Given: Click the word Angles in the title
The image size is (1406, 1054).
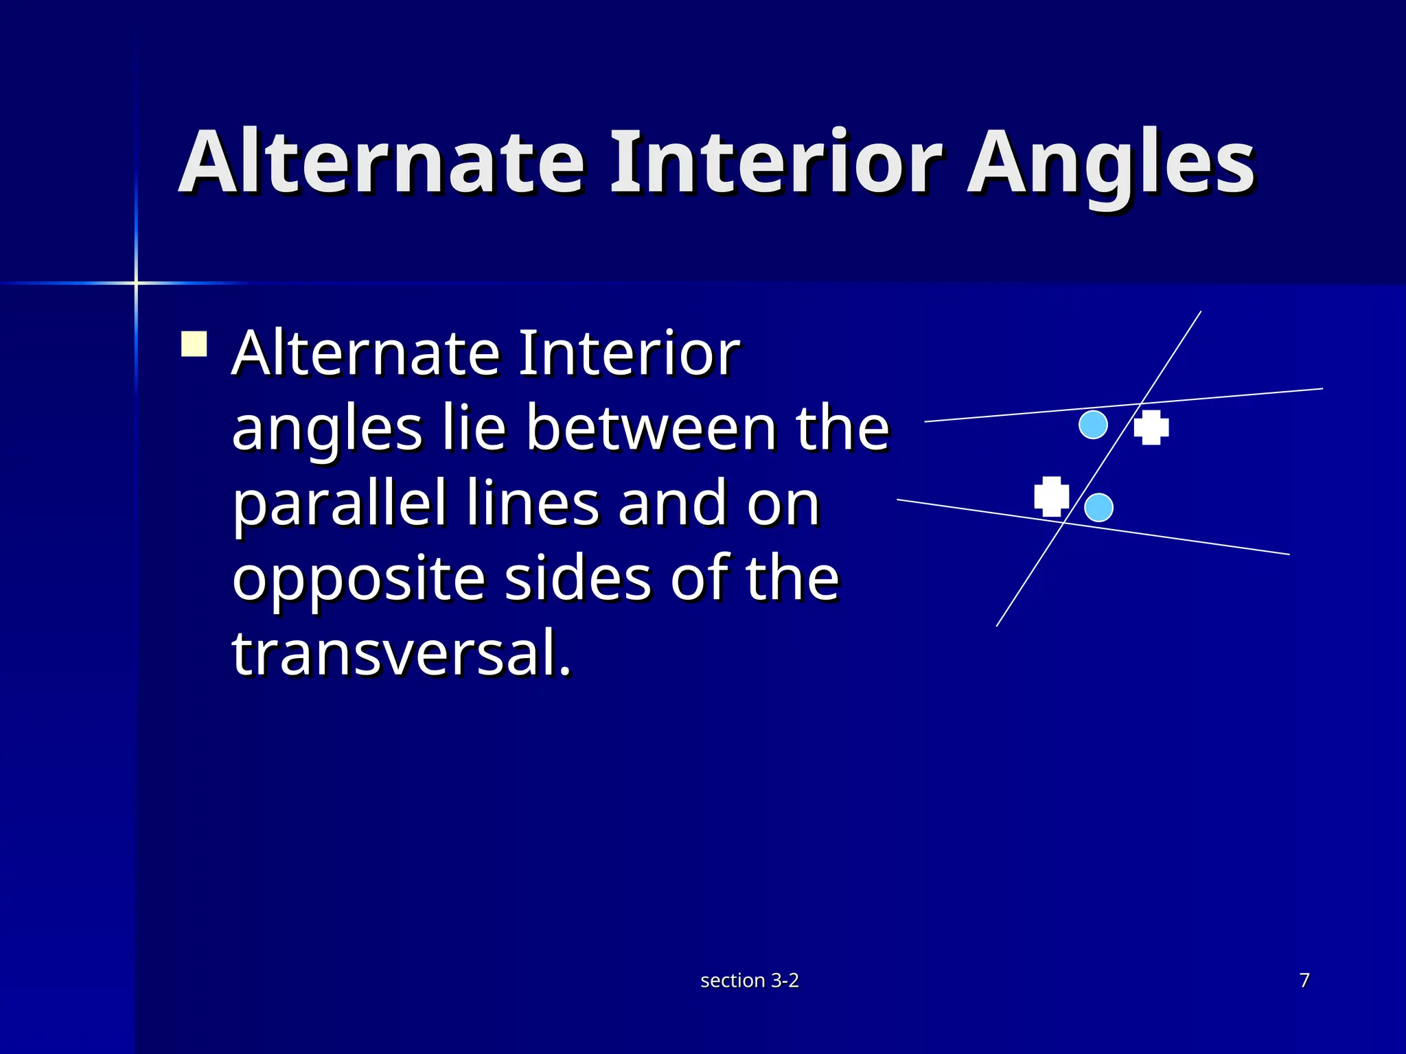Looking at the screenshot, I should coord(1111,165).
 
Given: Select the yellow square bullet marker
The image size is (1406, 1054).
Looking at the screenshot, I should coord(194,344).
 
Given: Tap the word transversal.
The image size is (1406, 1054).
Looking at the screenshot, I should coord(402,653).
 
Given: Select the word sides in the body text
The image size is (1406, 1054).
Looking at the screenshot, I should coord(578,578).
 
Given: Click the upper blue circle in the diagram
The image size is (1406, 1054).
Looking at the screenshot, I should coord(1093,425).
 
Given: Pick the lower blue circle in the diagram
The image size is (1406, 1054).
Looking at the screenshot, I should coord(1098,508).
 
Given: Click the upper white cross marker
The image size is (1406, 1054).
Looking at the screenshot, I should coord(1151,428).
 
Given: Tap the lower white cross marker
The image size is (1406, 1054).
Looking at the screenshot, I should coord(1052,496).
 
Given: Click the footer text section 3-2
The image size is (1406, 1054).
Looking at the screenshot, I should coord(750,981).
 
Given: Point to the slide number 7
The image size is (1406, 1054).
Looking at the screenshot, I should coord(1304,980).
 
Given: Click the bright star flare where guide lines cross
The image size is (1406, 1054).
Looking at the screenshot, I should coord(136,282).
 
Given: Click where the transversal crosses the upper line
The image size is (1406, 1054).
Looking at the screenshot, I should coord(1142,403).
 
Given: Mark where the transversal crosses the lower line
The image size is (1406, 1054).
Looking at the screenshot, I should coord(1065,523).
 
